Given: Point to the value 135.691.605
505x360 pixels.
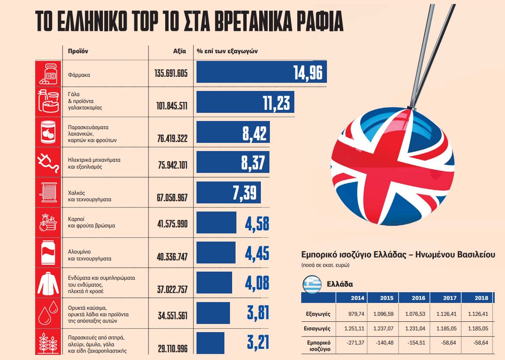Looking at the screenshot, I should tap(171, 73).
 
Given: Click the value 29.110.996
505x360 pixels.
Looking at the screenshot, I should tap(172, 348).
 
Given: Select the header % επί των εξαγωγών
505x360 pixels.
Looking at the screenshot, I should tap(227, 51).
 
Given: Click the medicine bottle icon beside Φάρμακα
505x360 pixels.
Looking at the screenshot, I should tap(48, 73).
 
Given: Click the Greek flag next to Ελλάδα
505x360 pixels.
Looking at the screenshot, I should tap(312, 284).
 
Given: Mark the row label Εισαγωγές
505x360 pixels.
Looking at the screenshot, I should tap(318, 329).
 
